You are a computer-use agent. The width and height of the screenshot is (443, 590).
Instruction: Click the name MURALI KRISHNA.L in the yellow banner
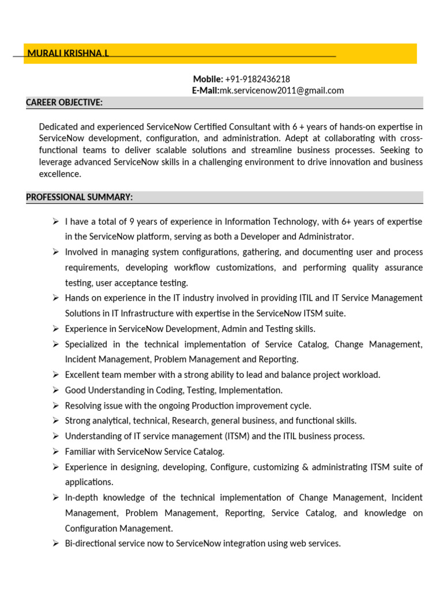tap(67, 54)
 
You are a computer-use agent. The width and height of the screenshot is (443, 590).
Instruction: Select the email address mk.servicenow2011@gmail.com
tap(281, 90)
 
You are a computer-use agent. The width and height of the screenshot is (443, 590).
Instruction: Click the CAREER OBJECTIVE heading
tap(64, 103)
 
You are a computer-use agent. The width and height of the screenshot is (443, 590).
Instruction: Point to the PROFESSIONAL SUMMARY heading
tap(79, 198)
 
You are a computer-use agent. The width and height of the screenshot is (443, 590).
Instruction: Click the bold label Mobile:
tap(208, 79)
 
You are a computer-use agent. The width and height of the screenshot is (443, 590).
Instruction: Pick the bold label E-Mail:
tap(205, 90)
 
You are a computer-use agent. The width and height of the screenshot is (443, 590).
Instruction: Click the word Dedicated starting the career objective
tap(58, 127)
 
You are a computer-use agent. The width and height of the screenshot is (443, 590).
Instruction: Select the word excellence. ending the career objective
tap(60, 173)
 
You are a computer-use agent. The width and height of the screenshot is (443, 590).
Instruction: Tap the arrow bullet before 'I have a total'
tap(55, 222)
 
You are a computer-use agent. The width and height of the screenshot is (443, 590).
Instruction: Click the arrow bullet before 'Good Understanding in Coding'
tap(55, 390)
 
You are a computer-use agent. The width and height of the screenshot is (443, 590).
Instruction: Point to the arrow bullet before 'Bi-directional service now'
tap(55, 543)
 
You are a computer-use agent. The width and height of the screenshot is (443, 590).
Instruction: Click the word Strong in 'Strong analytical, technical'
tap(77, 421)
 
